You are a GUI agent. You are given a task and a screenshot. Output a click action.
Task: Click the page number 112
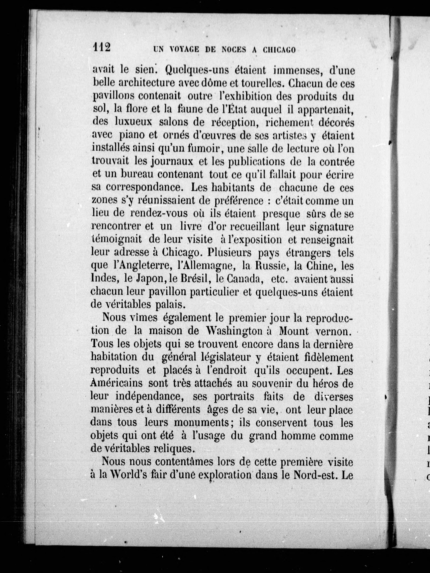click(x=102, y=47)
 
